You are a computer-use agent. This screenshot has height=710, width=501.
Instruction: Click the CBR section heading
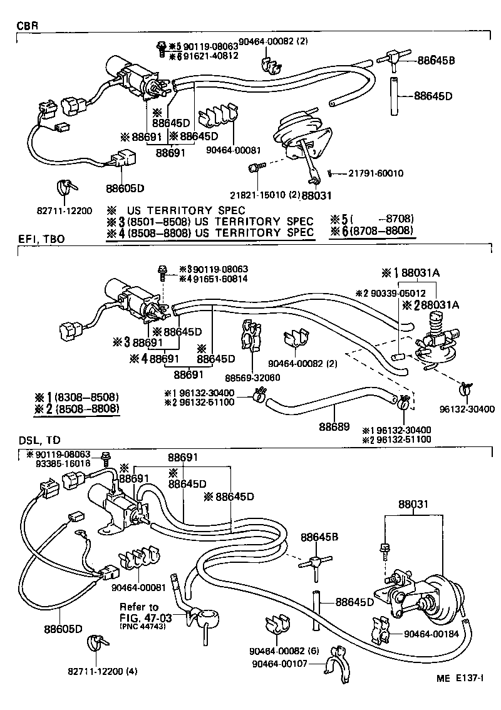tap(27, 26)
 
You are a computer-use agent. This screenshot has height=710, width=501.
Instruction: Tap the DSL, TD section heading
tap(36, 440)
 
